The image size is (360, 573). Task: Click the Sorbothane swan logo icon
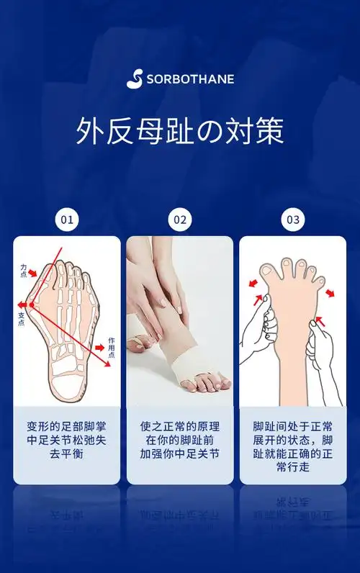click(135, 78)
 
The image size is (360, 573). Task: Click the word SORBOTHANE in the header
click(190, 79)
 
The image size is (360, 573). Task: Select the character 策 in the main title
click(269, 132)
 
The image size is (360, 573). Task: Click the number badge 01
click(67, 220)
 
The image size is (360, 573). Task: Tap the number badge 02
click(180, 220)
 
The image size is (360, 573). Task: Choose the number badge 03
click(293, 220)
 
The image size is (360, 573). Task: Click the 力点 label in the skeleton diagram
click(24, 270)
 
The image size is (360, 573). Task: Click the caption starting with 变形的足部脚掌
click(67, 440)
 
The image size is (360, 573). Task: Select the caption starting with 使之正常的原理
click(180, 440)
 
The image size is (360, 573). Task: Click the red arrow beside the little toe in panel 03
click(330, 293)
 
